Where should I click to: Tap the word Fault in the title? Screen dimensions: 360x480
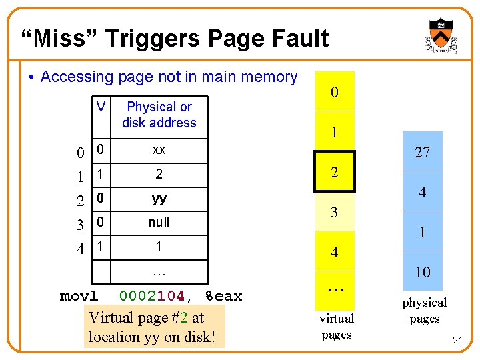point(296,38)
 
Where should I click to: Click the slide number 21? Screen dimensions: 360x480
point(457,341)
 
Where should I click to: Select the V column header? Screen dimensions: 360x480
point(101,107)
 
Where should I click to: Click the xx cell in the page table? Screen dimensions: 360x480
point(159,150)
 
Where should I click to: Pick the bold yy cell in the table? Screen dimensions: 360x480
point(159,199)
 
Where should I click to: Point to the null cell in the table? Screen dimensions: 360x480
point(159,222)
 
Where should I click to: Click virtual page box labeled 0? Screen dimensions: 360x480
point(335,92)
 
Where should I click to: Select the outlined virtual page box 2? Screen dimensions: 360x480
point(335,172)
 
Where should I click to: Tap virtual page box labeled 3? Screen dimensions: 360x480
point(335,213)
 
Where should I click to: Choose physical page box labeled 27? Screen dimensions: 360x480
point(423,153)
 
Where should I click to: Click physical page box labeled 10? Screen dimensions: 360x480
point(423,272)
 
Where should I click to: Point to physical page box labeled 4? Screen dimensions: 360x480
point(423,193)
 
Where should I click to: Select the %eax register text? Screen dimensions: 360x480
point(223,295)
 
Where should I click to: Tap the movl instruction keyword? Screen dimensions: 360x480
point(79,295)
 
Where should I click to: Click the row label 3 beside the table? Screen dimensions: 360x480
point(80,225)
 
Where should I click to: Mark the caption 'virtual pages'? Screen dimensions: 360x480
point(337,327)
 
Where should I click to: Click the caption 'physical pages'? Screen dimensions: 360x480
point(424,311)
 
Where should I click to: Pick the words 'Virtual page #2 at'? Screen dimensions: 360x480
point(146,318)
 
